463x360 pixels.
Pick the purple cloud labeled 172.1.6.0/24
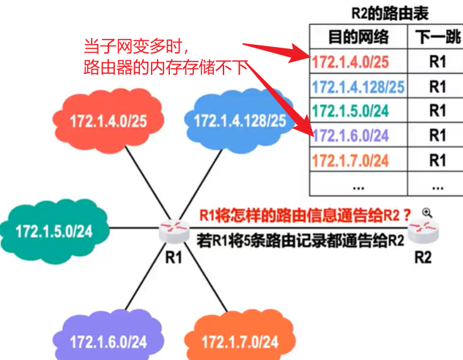tap(108, 341)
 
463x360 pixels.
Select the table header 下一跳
tap(437, 37)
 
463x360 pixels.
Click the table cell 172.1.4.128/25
tap(358, 87)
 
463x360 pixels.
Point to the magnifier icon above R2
tap(427, 213)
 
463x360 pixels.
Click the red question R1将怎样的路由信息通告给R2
tap(300, 215)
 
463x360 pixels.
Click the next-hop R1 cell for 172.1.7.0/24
tap(437, 159)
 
